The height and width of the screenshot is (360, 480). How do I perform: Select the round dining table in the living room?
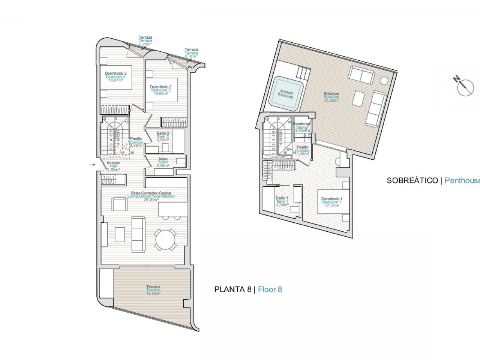(x=166, y=240)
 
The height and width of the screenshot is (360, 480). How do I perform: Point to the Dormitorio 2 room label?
(x=161, y=90)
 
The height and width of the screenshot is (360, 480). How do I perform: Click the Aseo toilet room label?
(x=163, y=162)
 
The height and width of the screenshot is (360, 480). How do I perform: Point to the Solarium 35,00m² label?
(x=331, y=97)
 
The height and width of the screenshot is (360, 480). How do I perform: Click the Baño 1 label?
(x=282, y=201)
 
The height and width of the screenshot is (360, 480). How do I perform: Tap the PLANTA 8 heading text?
(x=232, y=289)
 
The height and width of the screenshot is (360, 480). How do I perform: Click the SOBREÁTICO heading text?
(x=412, y=180)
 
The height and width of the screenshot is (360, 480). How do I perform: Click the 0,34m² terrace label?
(x=191, y=53)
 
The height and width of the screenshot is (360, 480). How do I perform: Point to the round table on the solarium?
(x=384, y=81)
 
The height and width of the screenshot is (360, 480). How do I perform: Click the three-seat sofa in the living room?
(x=138, y=235)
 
